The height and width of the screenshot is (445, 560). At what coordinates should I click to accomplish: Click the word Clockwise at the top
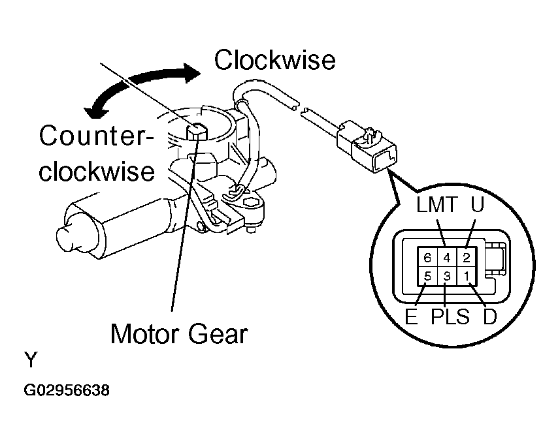(x=274, y=61)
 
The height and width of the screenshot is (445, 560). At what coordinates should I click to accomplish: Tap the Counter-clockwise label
(x=96, y=154)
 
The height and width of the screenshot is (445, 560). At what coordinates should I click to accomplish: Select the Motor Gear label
(x=178, y=334)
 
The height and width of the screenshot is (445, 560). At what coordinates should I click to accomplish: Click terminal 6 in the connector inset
(x=427, y=257)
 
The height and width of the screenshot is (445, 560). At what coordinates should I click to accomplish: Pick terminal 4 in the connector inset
(x=446, y=257)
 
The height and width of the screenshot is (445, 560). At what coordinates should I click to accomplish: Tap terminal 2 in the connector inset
(x=465, y=257)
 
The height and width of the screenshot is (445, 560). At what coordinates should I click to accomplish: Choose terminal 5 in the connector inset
(x=427, y=276)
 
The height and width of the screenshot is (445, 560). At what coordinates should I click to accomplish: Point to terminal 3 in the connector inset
(x=446, y=276)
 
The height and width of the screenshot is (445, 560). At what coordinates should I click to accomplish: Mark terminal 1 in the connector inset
(x=465, y=276)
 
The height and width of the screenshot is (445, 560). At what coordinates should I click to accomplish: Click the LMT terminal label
(x=438, y=207)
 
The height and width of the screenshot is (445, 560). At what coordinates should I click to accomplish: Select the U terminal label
(x=478, y=207)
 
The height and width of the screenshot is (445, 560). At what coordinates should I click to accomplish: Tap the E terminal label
(x=410, y=318)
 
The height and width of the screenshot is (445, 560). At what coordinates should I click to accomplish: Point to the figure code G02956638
(x=67, y=391)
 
